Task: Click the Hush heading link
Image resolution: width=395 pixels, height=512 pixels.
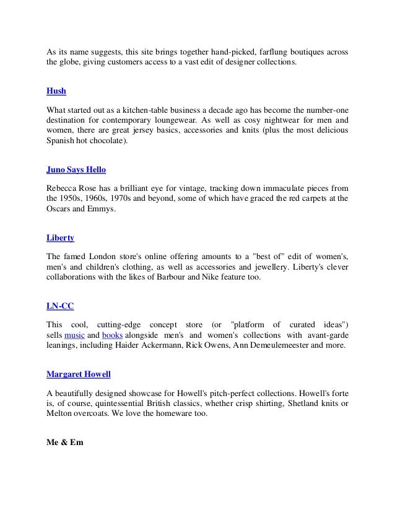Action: [56, 91]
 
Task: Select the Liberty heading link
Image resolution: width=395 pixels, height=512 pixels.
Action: [60, 237]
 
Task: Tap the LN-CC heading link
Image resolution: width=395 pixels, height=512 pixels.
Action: [60, 306]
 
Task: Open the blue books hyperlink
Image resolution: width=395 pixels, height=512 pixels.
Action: [113, 335]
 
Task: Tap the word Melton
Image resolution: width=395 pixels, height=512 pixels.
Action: [61, 414]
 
